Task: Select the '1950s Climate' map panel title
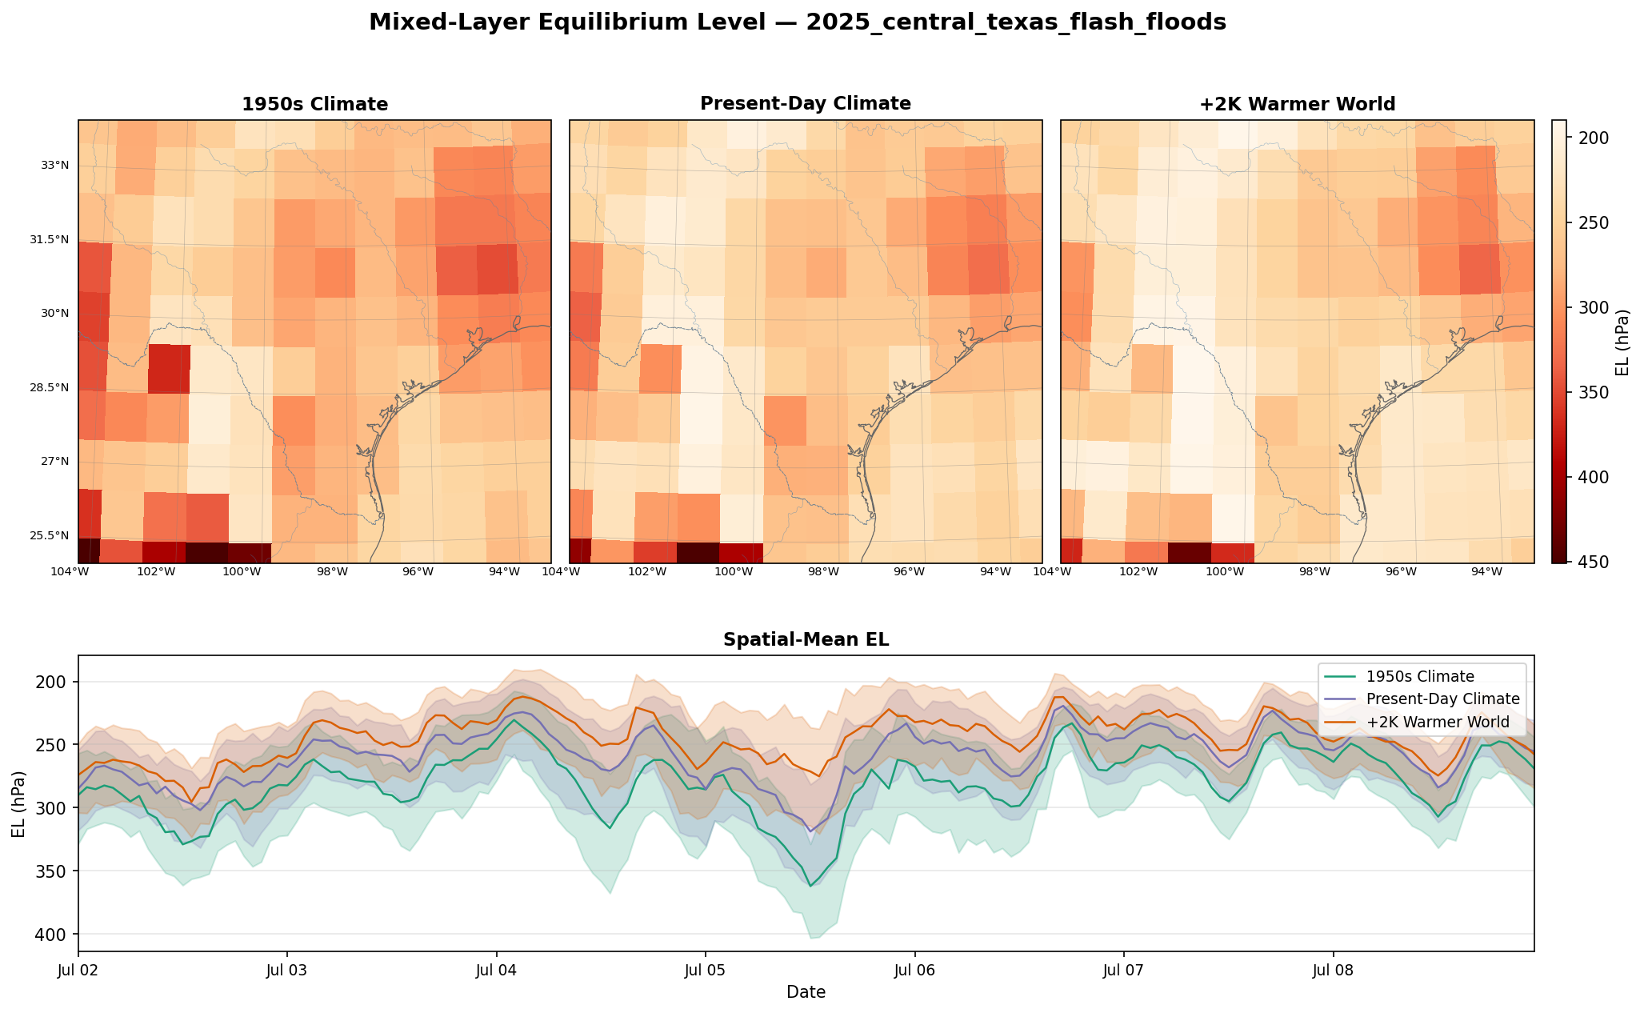pyautogui.click(x=315, y=104)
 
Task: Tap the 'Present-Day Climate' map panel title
pyautogui.click(x=806, y=103)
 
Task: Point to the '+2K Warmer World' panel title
pyautogui.click(x=1298, y=104)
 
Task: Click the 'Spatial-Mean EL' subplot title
pyautogui.click(x=806, y=639)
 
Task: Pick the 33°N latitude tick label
pyautogui.click(x=55, y=166)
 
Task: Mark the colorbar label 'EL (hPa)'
pyautogui.click(x=1622, y=342)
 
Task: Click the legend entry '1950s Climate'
pyautogui.click(x=1420, y=676)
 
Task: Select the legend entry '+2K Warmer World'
pyautogui.click(x=1438, y=723)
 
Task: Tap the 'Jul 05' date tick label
pyautogui.click(x=705, y=971)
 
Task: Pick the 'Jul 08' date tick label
pyautogui.click(x=1334, y=971)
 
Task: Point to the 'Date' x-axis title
pyautogui.click(x=806, y=992)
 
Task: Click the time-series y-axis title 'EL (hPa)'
pyautogui.click(x=19, y=803)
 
